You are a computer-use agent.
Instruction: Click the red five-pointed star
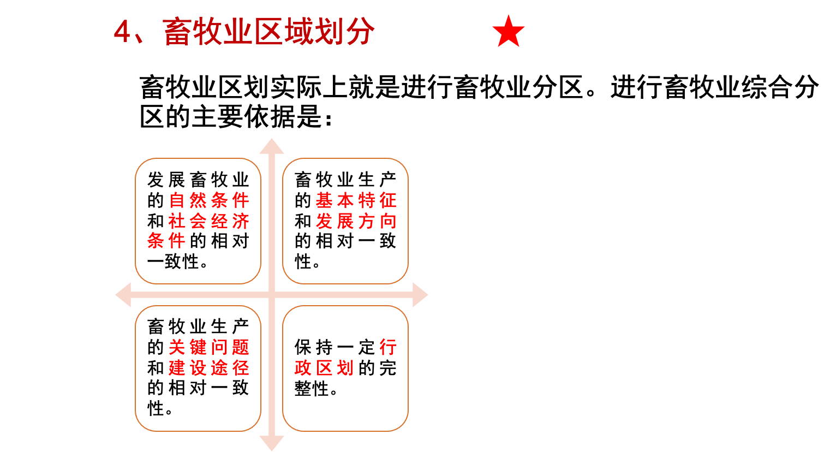[x=508, y=32]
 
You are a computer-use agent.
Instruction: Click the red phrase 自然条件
[x=209, y=200]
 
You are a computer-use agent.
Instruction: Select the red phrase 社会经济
[x=209, y=221]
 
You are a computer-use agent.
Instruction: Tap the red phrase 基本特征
[x=356, y=200]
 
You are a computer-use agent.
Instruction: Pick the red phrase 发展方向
[x=356, y=221]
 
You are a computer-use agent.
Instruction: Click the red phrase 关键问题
[x=209, y=347]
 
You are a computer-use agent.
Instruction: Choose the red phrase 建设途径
[x=209, y=367]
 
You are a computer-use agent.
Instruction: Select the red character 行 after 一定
[x=388, y=347]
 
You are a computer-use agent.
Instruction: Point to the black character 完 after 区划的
[x=388, y=367]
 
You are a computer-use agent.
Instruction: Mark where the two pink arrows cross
[x=272, y=295]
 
